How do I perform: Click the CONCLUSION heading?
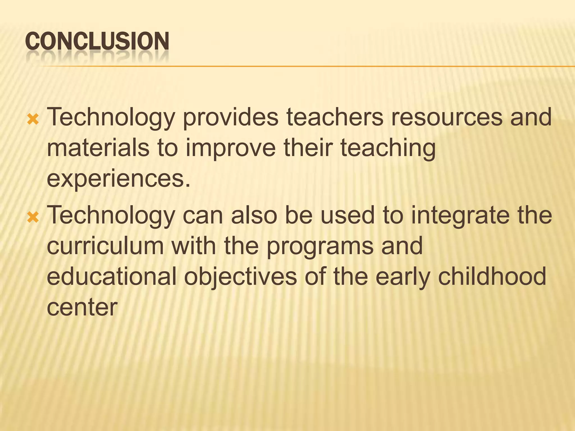[97, 42]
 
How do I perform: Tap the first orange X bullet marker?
[33, 120]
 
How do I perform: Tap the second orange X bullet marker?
[33, 217]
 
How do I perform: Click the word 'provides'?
[231, 118]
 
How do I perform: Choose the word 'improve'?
[231, 149]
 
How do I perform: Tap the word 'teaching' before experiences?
[388, 149]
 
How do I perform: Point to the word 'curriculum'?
[105, 246]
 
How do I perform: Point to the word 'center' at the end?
[82, 308]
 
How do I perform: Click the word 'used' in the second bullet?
[348, 215]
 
